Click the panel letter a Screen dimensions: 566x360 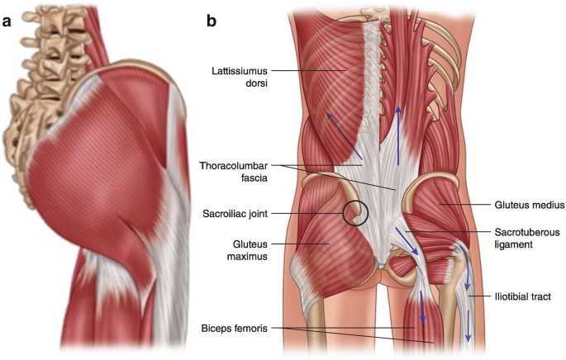(7, 21)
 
